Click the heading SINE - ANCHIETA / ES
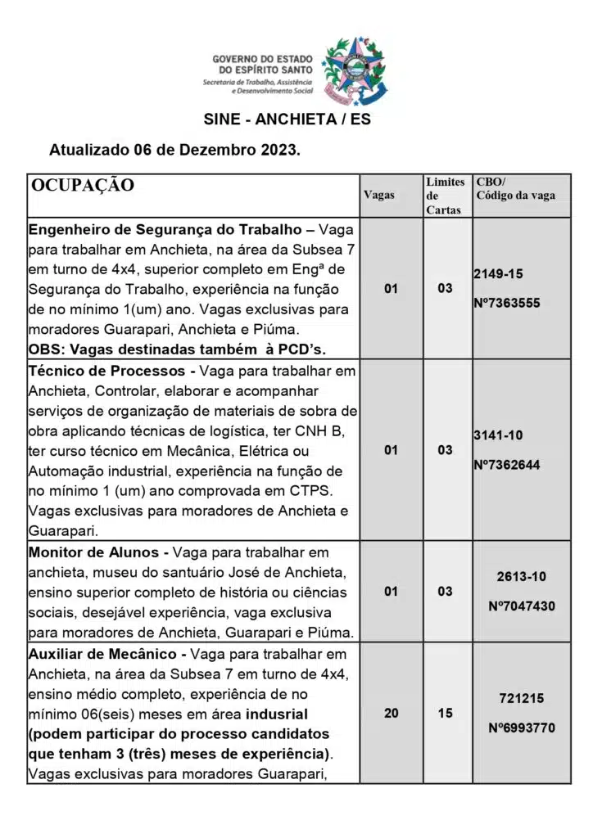287,119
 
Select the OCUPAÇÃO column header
82,185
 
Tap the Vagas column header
378,195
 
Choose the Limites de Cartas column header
445,196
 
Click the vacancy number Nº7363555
506,303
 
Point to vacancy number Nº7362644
506,465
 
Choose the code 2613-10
521,576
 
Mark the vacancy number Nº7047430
521,606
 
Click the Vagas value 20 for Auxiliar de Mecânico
392,713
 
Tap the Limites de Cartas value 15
445,713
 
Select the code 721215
521,698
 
